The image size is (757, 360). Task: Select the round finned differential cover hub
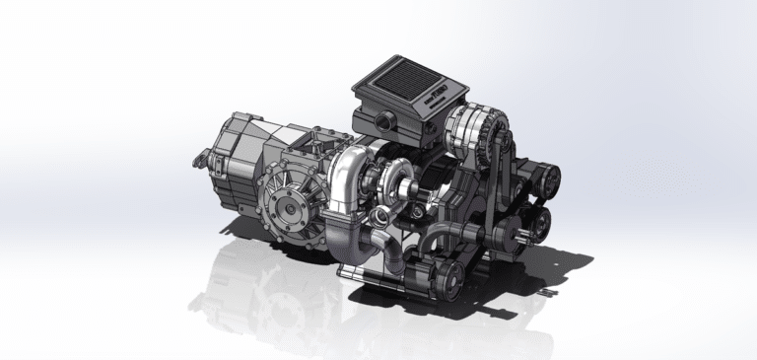tap(289, 201)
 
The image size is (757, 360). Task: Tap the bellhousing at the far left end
tap(232, 158)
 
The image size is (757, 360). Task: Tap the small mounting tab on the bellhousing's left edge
tap(199, 156)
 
